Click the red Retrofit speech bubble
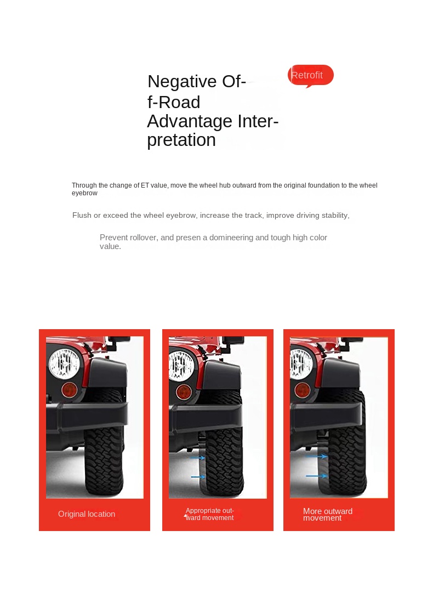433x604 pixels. tap(310, 75)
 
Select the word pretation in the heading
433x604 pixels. tap(181, 140)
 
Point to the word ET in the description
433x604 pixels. tap(145, 185)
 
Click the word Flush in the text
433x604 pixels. tap(82, 215)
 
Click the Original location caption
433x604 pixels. tap(87, 514)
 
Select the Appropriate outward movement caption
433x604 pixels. tap(210, 514)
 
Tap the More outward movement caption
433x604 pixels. tap(327, 514)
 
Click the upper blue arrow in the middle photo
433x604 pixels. tap(198, 458)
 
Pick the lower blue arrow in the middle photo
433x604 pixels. tap(198, 477)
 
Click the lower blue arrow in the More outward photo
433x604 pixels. tap(317, 476)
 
